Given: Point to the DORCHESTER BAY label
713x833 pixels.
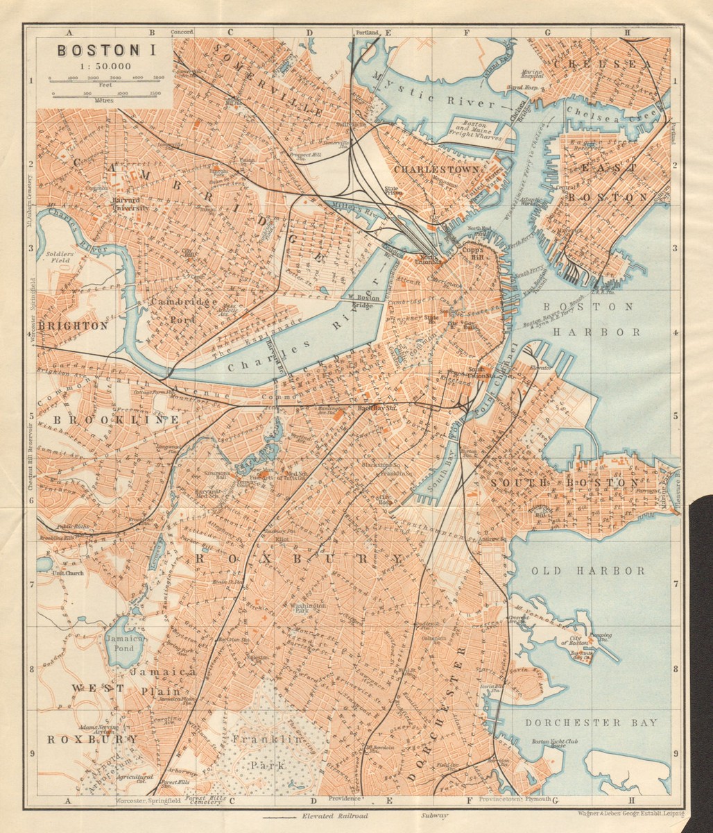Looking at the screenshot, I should click(590, 723).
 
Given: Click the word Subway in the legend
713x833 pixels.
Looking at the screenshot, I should click(435, 816).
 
